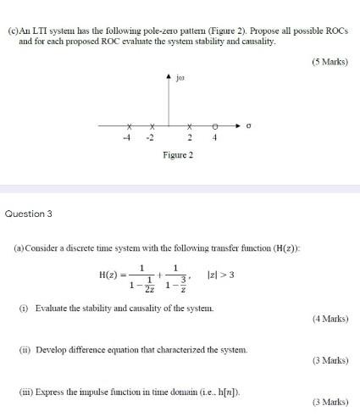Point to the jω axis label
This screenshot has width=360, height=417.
pos(181,86)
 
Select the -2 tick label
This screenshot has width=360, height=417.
pos(151,137)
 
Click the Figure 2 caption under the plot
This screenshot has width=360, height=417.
pos(179,155)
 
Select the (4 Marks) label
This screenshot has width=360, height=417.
pos(330,320)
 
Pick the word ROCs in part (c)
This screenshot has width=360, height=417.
pos(335,31)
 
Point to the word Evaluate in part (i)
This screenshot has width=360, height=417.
pos(53,309)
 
